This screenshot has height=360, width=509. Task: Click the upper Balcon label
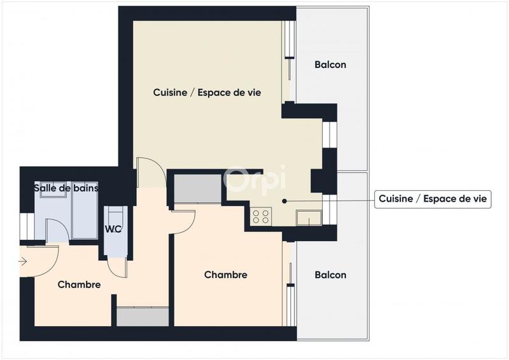(x=330, y=65)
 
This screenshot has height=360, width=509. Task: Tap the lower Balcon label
(x=330, y=275)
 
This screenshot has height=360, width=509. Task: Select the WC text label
(x=114, y=229)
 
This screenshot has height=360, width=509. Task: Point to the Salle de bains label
(x=66, y=188)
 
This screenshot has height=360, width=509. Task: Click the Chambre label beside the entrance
(x=79, y=284)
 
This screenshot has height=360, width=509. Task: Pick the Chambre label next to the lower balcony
(x=225, y=275)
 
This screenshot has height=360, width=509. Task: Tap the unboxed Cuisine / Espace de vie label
(x=207, y=92)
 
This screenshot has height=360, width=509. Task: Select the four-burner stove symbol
(x=260, y=216)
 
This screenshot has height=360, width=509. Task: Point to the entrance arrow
(x=24, y=261)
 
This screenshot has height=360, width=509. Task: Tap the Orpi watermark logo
(x=255, y=180)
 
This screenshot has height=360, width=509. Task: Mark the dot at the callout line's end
(x=284, y=200)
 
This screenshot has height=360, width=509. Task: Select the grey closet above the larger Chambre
(x=197, y=188)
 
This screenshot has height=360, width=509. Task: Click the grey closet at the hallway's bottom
(x=143, y=316)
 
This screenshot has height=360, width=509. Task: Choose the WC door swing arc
(x=116, y=267)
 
